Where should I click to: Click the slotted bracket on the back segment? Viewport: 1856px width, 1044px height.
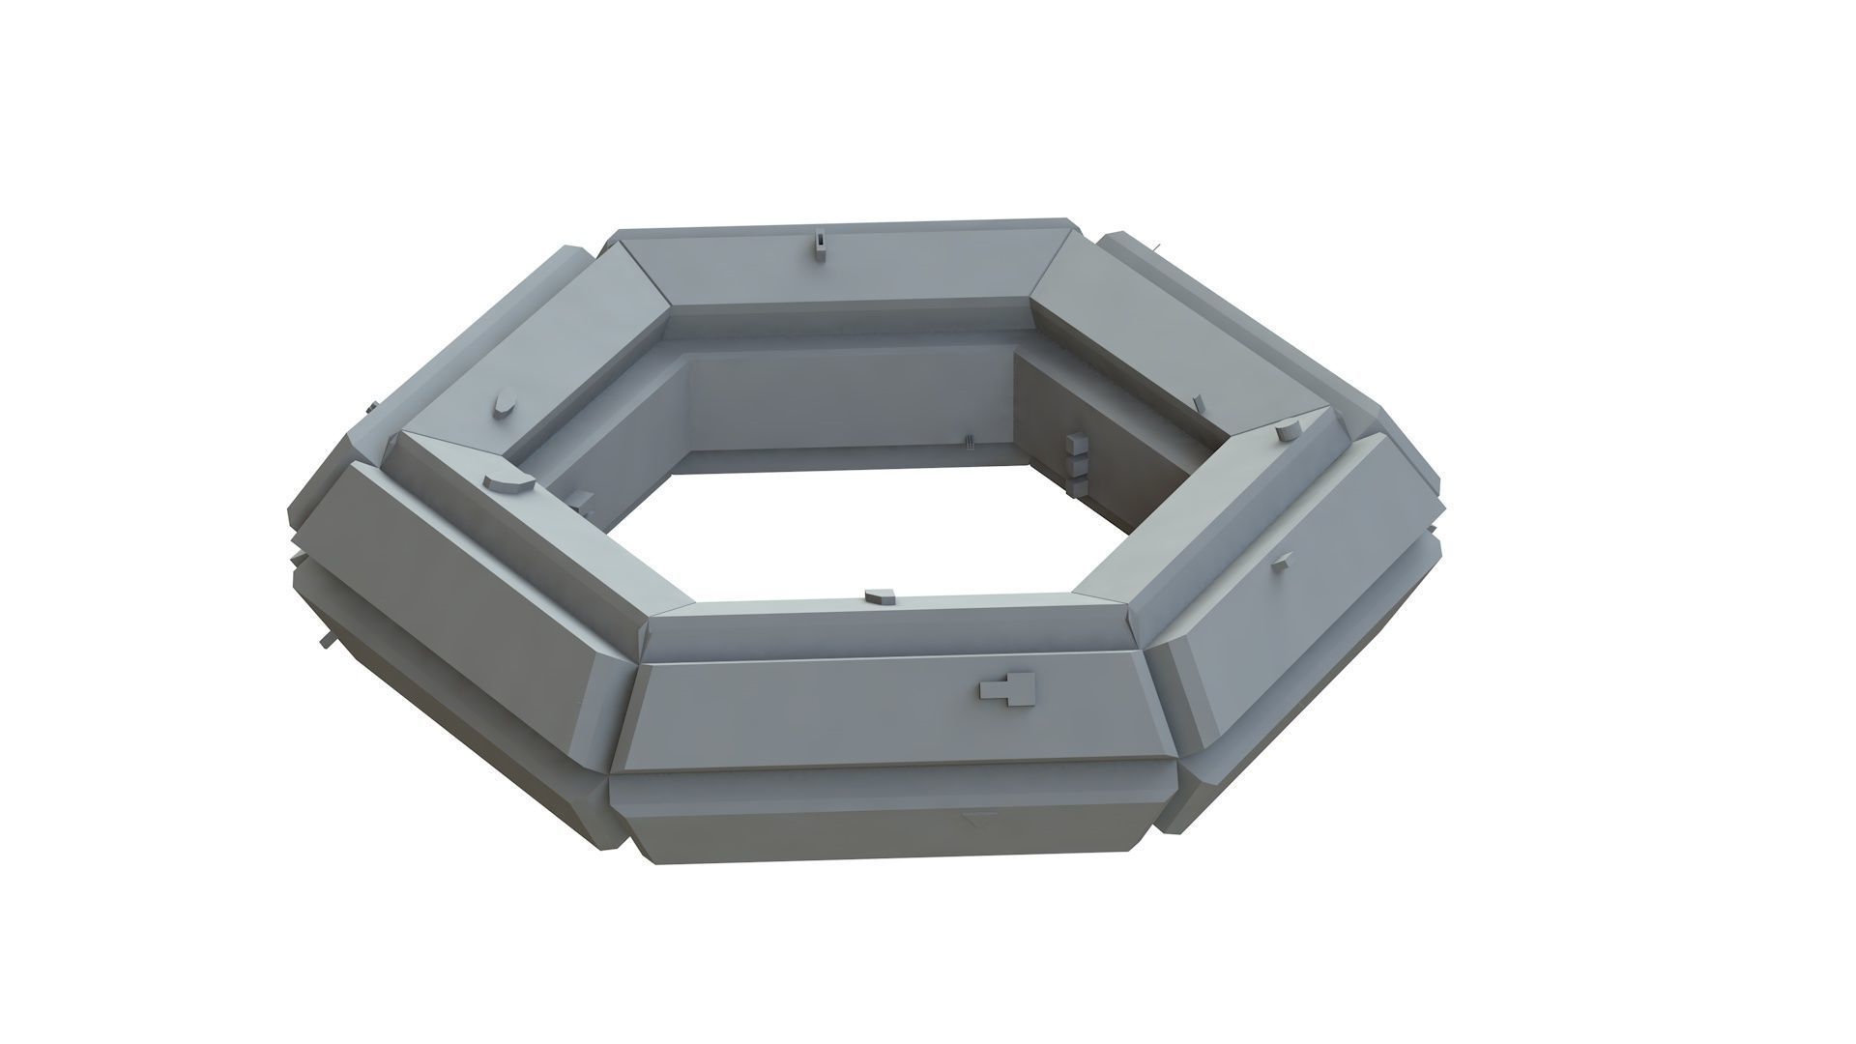click(x=820, y=246)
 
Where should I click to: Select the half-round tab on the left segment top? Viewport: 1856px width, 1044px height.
click(x=506, y=479)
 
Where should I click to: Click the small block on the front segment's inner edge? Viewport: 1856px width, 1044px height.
click(x=882, y=597)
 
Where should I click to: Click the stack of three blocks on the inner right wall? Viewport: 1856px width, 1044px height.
click(x=1074, y=462)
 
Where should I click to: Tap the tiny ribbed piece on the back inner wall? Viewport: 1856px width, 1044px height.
click(x=966, y=442)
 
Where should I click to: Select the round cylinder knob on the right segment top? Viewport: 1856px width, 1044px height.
click(x=1287, y=432)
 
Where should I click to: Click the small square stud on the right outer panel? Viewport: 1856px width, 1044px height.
click(x=1281, y=564)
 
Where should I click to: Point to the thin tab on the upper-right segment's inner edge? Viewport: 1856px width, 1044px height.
click(x=1198, y=400)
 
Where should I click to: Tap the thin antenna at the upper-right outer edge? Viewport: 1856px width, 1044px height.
click(x=1156, y=246)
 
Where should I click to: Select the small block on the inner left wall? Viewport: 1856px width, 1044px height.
click(x=582, y=500)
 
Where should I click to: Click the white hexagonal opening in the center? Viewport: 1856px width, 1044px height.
click(x=870, y=532)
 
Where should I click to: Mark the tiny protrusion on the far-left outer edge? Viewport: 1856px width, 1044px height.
click(x=369, y=408)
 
